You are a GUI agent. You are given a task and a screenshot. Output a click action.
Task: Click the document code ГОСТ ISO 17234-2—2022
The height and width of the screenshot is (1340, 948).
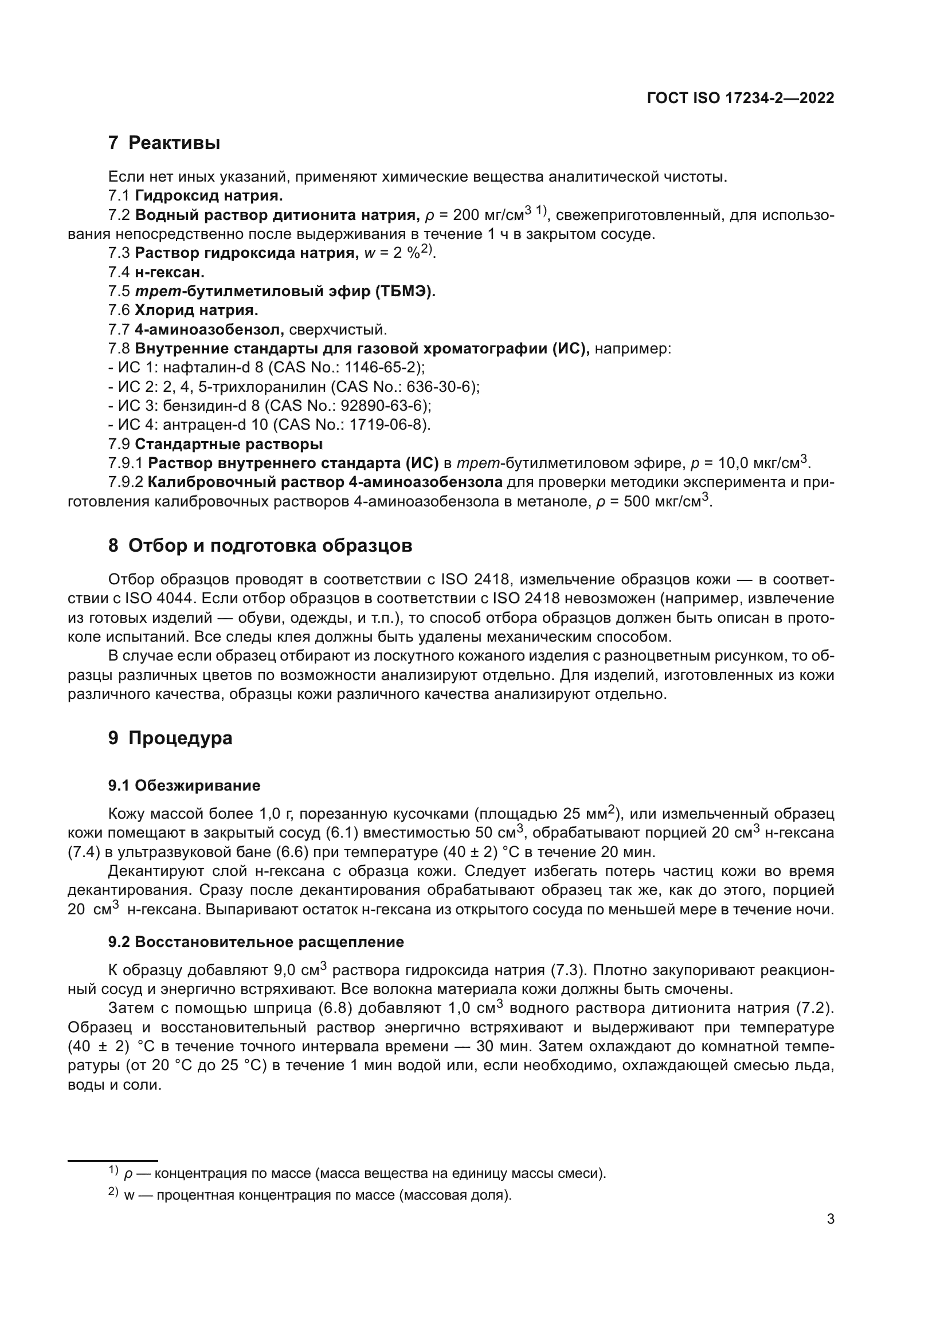(740, 98)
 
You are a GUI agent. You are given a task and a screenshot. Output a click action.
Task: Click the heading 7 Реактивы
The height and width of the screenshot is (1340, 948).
(164, 143)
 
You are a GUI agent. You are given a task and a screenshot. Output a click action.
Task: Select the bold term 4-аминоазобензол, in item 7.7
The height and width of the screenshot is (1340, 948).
(209, 330)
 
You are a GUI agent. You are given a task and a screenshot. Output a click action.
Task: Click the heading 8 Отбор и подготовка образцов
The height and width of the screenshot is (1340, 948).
(260, 546)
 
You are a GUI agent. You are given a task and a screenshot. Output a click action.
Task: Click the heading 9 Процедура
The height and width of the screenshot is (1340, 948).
(170, 738)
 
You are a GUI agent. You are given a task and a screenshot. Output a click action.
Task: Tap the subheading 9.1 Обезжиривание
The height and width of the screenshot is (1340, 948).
(184, 785)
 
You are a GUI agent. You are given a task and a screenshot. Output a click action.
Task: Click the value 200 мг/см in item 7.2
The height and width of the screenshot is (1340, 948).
(488, 216)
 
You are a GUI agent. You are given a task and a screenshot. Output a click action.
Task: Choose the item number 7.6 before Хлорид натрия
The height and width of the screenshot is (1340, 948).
(119, 311)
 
